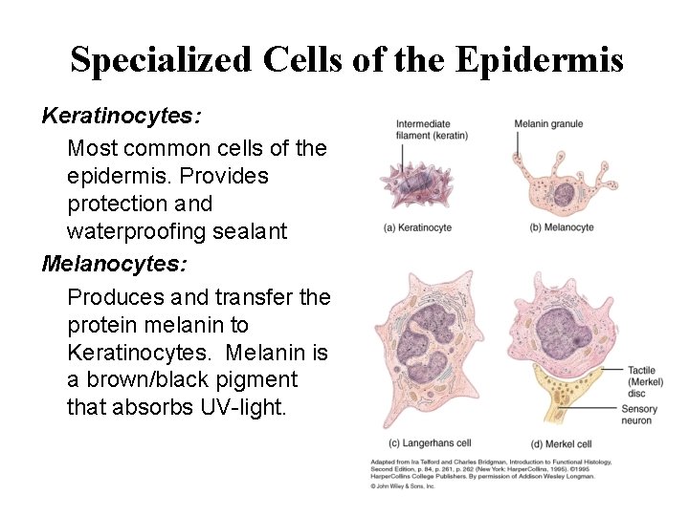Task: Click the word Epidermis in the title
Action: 540,61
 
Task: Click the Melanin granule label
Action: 548,124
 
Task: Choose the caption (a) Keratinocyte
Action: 417,227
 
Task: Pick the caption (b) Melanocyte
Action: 561,227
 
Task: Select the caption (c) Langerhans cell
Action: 429,443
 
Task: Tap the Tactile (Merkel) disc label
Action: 645,381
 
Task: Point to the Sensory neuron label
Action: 640,414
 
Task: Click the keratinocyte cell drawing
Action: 417,183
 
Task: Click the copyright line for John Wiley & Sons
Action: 403,486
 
